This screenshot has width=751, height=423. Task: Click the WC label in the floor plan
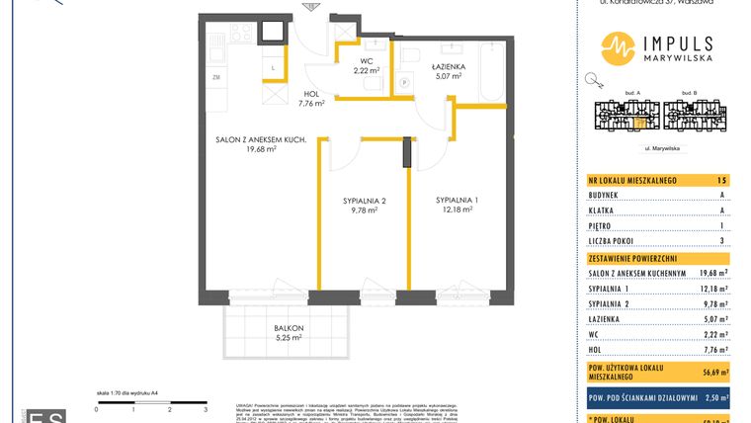(x=365, y=61)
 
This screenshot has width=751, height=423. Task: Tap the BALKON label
(x=289, y=328)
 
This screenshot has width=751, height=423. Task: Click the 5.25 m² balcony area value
(x=289, y=337)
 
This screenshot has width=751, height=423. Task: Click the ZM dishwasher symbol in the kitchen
(x=214, y=76)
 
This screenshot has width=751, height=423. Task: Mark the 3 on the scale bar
(x=205, y=407)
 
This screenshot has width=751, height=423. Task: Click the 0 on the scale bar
(x=96, y=407)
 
